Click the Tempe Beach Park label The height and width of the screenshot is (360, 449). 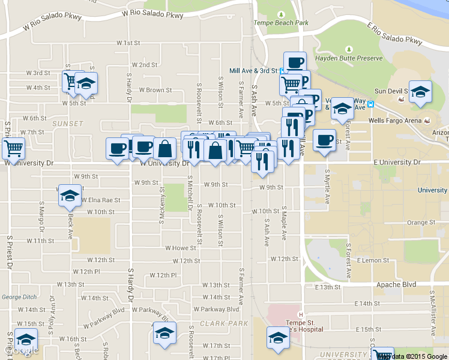tap(282, 23)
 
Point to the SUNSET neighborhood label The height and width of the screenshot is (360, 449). tap(68, 124)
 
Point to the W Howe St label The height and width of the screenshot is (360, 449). tap(181, 248)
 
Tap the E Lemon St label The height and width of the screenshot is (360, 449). tap(373, 260)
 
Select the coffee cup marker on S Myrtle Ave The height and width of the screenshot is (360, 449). tap(324, 140)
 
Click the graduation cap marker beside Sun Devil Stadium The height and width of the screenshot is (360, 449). tap(420, 92)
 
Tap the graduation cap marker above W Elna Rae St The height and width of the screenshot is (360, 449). tap(70, 196)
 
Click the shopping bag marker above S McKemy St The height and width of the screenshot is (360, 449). tap(164, 149)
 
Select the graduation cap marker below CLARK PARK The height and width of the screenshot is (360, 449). tap(164, 334)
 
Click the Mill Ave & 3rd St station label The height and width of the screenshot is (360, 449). tap(253, 70)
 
